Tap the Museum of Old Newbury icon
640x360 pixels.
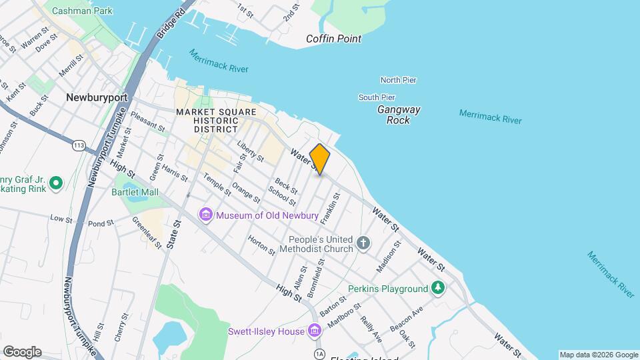pyautogui.click(x=205, y=214)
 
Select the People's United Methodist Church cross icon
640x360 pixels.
pyautogui.click(x=363, y=243)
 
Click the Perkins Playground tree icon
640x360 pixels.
pyautogui.click(x=437, y=288)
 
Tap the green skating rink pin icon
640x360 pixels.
pyautogui.click(x=56, y=182)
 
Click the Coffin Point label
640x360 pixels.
pyautogui.click(x=333, y=39)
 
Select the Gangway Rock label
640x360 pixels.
pyautogui.click(x=399, y=115)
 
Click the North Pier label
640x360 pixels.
pyautogui.click(x=398, y=80)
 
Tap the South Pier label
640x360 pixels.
pyautogui.click(x=377, y=97)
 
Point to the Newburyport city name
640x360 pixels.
pyautogui.click(x=97, y=97)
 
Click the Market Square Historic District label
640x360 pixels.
pyautogui.click(x=207, y=120)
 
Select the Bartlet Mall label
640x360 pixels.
pyautogui.click(x=136, y=192)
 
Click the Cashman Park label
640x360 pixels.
pyautogui.click(x=82, y=11)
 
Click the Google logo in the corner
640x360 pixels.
pyautogui.click(x=22, y=352)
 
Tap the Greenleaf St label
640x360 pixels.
pyautogui.click(x=147, y=233)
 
